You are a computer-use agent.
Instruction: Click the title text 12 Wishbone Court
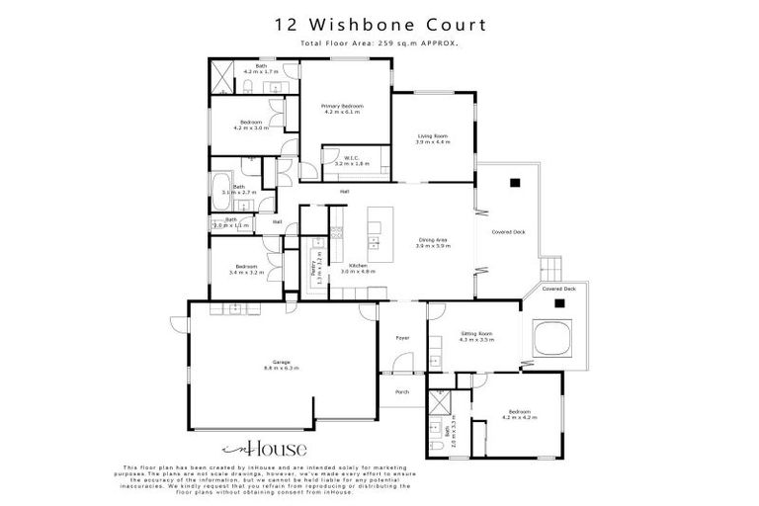coord(379,25)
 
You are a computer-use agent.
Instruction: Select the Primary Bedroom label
coord(344,109)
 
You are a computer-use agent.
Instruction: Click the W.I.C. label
coord(352,160)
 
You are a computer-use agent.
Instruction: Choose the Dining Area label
coord(434,243)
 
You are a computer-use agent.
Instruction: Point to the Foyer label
coord(402,338)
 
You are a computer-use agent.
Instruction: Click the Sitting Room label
coord(476,337)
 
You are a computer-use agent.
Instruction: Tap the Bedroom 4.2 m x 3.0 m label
coord(251,126)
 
